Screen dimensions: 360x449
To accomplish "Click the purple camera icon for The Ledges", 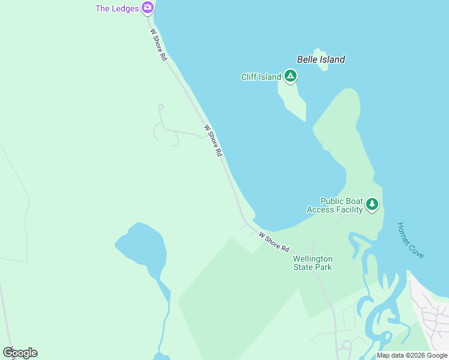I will [148, 8].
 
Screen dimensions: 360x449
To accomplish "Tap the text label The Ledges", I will [117, 8].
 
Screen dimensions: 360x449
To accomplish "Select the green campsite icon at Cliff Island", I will [291, 76].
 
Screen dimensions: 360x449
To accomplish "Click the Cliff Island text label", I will [261, 77].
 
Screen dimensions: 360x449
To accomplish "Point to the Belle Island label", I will [321, 59].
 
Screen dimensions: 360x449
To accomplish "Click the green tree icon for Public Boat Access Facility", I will [372, 205].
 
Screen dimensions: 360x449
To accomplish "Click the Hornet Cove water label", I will [411, 241].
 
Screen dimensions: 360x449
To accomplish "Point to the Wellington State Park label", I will [312, 263].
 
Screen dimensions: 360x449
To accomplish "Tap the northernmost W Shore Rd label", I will [158, 44].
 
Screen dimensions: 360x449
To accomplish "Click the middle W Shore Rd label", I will [213, 141].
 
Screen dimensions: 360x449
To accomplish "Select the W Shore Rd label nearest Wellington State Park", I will [274, 242].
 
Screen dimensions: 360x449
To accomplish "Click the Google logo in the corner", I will [20, 353].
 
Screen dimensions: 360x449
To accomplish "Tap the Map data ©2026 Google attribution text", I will [412, 355].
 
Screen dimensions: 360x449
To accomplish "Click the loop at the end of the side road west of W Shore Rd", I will [160, 107].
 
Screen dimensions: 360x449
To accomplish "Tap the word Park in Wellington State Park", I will [322, 267].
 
